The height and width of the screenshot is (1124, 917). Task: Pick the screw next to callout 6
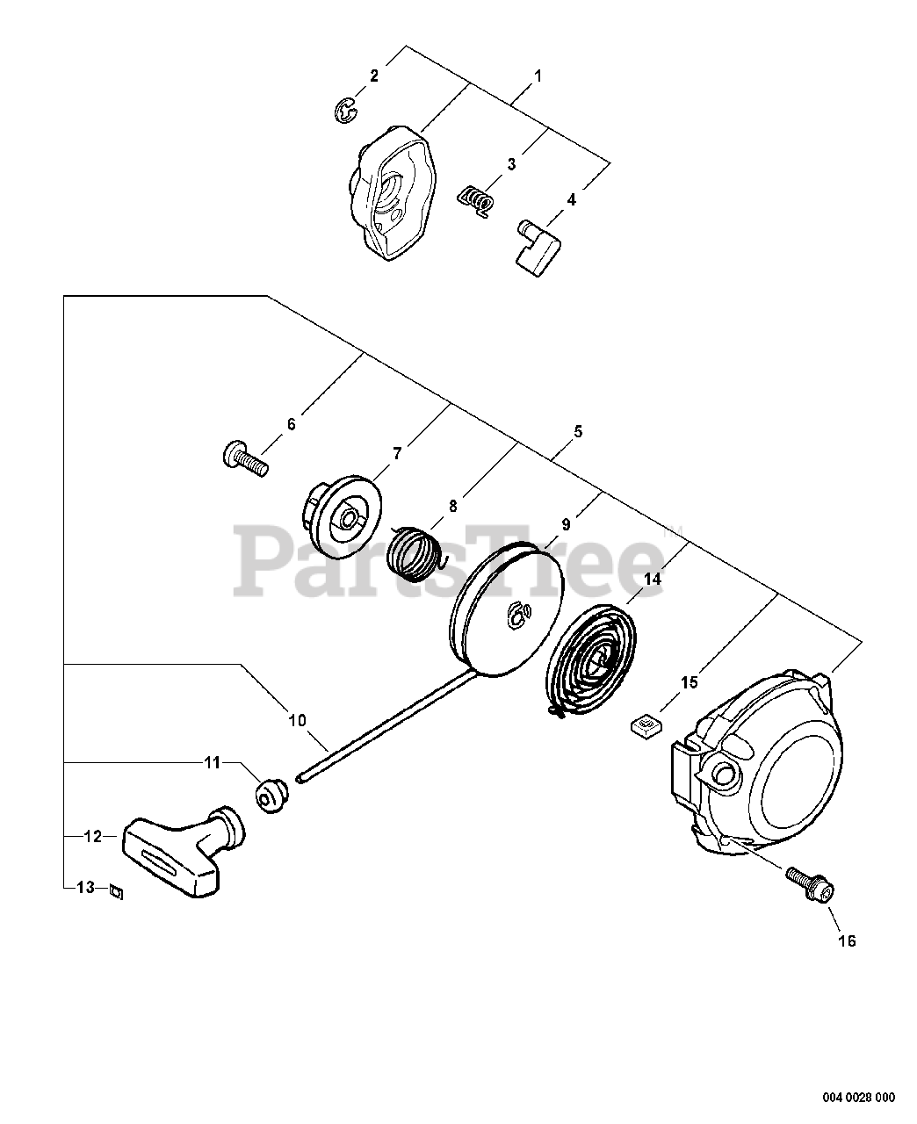(242, 458)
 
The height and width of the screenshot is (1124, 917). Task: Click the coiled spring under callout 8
(417, 551)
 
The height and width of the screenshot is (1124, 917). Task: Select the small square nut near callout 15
(646, 725)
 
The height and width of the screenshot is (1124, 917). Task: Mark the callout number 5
(577, 432)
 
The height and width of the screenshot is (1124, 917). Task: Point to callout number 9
(566, 524)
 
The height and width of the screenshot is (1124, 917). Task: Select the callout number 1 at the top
(538, 76)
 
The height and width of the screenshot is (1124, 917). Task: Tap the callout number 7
(397, 453)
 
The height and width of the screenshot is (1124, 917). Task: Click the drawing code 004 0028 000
(859, 1097)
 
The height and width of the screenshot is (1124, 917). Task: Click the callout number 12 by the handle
(92, 837)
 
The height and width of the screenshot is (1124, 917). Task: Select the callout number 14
(653, 580)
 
